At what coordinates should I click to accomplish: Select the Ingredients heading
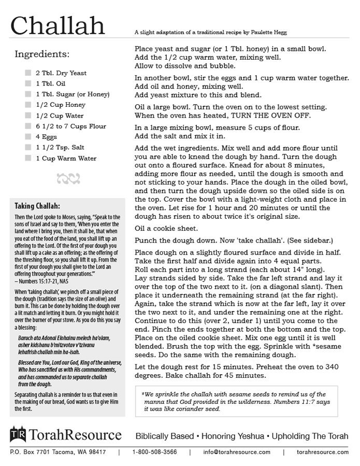(42, 54)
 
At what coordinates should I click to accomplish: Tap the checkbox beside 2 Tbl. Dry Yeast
(28, 73)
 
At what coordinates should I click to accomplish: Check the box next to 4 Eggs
(28, 137)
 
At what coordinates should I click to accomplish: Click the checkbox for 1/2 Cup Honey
(28, 105)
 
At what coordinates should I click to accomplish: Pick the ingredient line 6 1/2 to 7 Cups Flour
(71, 126)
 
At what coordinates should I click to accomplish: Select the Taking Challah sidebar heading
(37, 205)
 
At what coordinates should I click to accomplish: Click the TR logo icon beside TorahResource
(18, 434)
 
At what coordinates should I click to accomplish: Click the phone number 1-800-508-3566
(154, 452)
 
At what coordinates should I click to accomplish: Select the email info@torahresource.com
(237, 452)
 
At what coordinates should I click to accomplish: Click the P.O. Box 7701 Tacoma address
(58, 452)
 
